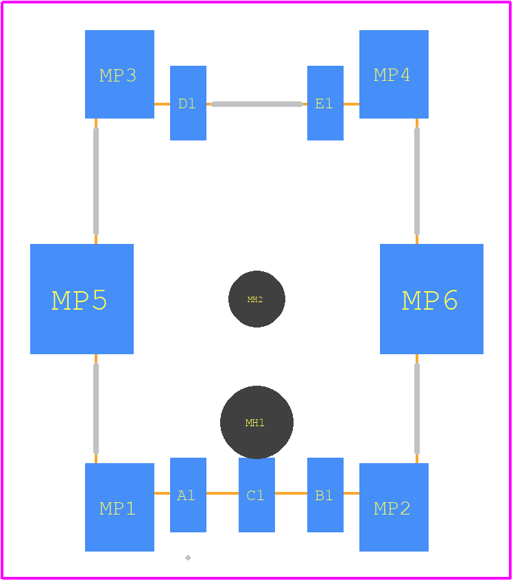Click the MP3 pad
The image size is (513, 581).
point(119,74)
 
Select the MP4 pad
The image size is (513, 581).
point(394,74)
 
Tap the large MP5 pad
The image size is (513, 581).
point(82,299)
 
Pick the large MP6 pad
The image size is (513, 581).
point(432,299)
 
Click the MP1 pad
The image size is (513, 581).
point(119,507)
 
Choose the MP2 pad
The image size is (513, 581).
point(394,507)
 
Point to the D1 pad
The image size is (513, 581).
point(188,103)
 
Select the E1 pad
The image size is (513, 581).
point(325,103)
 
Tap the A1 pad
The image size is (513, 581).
point(188,495)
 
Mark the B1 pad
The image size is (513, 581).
point(325,495)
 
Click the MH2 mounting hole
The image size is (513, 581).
point(256,299)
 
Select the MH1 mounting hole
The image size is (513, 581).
point(256,423)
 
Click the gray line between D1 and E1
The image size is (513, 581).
point(256,104)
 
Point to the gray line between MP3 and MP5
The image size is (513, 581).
point(96,181)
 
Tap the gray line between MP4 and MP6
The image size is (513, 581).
point(417,181)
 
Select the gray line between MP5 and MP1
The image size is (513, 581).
point(96,409)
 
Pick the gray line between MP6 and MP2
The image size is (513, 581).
point(417,409)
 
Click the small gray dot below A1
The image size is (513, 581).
point(188,558)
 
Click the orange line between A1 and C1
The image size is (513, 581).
point(223,493)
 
